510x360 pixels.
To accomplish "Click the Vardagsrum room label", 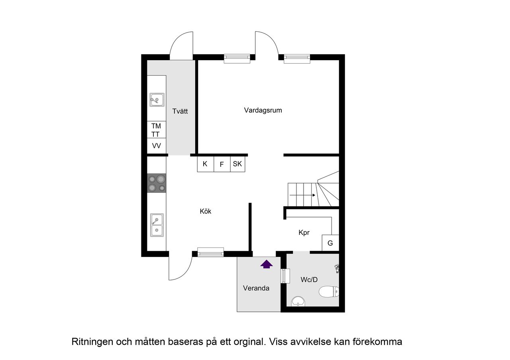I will pyautogui.click(x=263, y=110).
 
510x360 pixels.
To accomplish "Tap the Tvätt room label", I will pyautogui.click(x=180, y=112).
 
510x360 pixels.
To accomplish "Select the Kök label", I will pyautogui.click(x=206, y=211).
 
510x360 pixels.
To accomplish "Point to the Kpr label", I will pyautogui.click(x=304, y=233).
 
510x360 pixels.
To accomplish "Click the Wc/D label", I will pyautogui.click(x=309, y=280).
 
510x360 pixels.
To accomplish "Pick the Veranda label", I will pyautogui.click(x=256, y=288).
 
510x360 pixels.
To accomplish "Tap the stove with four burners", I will pyautogui.click(x=157, y=184).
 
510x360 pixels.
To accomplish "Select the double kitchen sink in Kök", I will pyautogui.click(x=157, y=225).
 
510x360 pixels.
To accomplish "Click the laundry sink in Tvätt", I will pyautogui.click(x=157, y=100).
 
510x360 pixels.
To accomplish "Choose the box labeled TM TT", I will pyautogui.click(x=156, y=130).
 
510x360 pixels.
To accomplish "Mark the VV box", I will pyautogui.click(x=156, y=146).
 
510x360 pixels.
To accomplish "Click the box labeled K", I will pyautogui.click(x=205, y=164).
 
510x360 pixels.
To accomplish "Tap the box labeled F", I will pyautogui.click(x=222, y=164).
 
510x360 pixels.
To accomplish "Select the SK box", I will pyautogui.click(x=237, y=164).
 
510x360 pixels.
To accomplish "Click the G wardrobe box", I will pyautogui.click(x=330, y=243).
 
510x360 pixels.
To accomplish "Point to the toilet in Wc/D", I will pyautogui.click(x=329, y=292).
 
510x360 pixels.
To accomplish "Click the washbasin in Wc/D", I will pyautogui.click(x=298, y=301).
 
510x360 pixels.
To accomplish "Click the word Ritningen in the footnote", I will pyautogui.click(x=92, y=342).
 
